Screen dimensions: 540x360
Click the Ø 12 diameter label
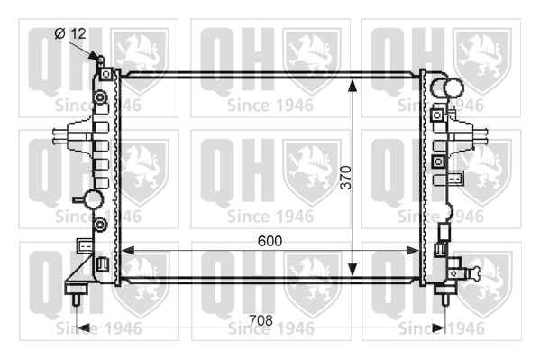(70, 33)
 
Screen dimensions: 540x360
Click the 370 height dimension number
(346, 178)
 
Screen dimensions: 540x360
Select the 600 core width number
(270, 241)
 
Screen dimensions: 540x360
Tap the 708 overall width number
(261, 320)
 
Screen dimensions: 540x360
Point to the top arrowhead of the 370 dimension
(352, 85)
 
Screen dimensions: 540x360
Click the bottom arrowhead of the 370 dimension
(352, 270)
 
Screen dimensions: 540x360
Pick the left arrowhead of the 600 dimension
(128, 251)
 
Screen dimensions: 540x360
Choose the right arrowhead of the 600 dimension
(413, 251)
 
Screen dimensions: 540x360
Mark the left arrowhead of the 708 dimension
(83, 328)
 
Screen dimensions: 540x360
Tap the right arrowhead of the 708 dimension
(438, 328)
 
